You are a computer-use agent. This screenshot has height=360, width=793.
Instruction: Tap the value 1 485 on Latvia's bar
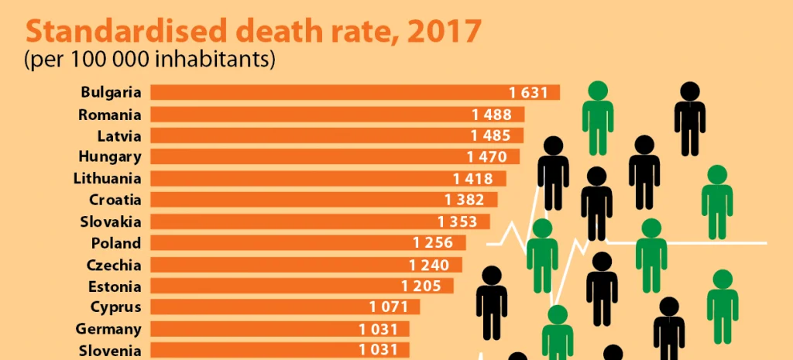[491, 135]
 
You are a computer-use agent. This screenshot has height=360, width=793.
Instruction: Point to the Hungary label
[110, 157]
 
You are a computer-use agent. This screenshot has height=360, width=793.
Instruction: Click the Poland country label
[116, 243]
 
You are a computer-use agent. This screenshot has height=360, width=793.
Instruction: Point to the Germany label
[108, 328]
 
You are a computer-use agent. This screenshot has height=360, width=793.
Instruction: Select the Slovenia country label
[110, 350]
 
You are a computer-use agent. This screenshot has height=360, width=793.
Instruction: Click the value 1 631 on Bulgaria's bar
[529, 93]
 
